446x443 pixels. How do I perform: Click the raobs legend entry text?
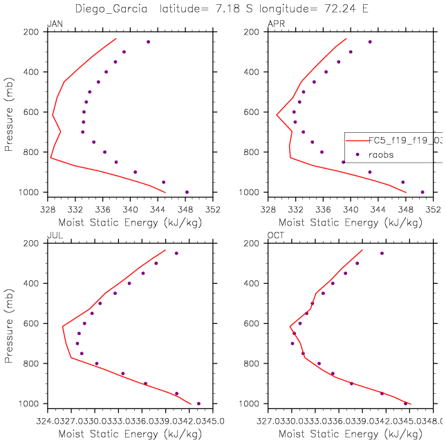point(380,155)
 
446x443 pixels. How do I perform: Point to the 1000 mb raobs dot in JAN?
point(187,192)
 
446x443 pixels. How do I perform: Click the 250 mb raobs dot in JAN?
point(148,42)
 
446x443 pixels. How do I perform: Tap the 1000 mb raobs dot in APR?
point(422,192)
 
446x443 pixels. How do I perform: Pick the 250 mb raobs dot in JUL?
point(176,253)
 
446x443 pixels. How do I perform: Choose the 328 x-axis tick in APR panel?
point(268,208)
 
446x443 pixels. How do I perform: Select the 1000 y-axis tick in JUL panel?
point(31,404)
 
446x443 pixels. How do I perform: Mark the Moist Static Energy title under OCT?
point(351,434)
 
